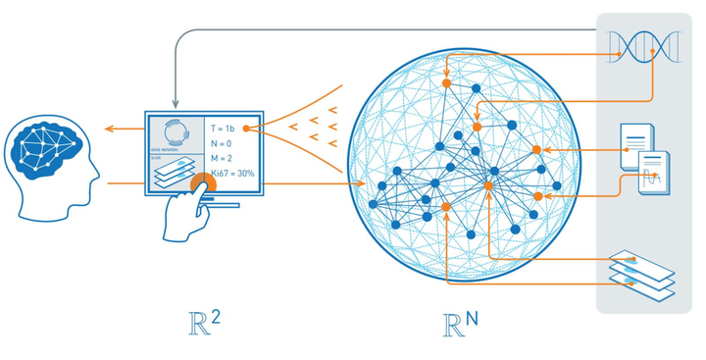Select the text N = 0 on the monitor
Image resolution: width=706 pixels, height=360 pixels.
[223, 144]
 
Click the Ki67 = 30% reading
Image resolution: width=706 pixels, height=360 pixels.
[231, 174]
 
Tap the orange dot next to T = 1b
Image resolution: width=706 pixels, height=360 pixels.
[247, 129]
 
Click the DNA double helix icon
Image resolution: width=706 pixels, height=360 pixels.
[641, 45]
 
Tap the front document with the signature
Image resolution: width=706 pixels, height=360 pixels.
[654, 174]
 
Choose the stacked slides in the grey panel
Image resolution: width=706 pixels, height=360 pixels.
[641, 269]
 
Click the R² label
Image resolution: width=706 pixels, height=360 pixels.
[202, 323]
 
